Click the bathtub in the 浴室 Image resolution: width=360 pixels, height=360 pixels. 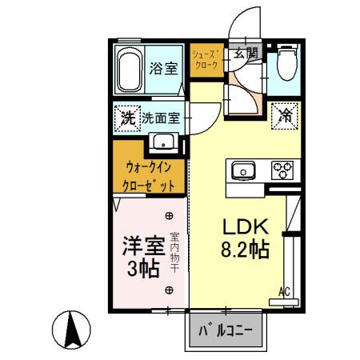130,70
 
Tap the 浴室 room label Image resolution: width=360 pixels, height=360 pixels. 163,68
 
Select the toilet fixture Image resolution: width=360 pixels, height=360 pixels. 287,62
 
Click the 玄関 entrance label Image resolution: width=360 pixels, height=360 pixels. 246,53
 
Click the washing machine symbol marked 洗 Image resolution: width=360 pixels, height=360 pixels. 127,118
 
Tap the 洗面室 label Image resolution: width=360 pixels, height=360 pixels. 161,118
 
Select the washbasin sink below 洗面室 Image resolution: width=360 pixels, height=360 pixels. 163,142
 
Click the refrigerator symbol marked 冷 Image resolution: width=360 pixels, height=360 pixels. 285,116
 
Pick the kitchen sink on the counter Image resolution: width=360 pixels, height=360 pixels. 243,170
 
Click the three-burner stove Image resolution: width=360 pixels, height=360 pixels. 282,170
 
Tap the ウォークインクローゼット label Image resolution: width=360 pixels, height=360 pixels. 149,177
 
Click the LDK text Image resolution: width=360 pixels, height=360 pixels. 246,226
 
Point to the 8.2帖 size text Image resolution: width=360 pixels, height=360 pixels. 245,250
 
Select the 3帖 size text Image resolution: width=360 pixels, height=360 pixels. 143,269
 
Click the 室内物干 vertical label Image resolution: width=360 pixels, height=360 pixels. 174,253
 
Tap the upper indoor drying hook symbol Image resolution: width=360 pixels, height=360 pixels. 169,216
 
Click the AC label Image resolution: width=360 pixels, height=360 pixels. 284,292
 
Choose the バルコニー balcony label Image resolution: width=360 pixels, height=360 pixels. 226,330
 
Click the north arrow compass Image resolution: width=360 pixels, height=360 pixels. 71,330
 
